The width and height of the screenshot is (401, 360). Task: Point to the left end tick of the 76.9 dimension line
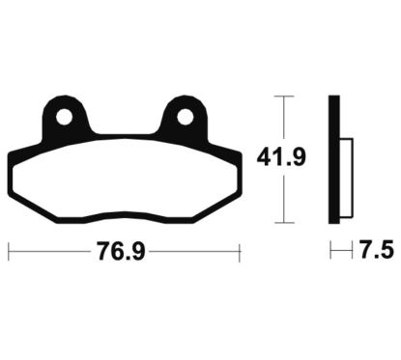pos(9,252)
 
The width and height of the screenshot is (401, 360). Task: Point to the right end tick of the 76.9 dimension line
pos(238,252)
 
